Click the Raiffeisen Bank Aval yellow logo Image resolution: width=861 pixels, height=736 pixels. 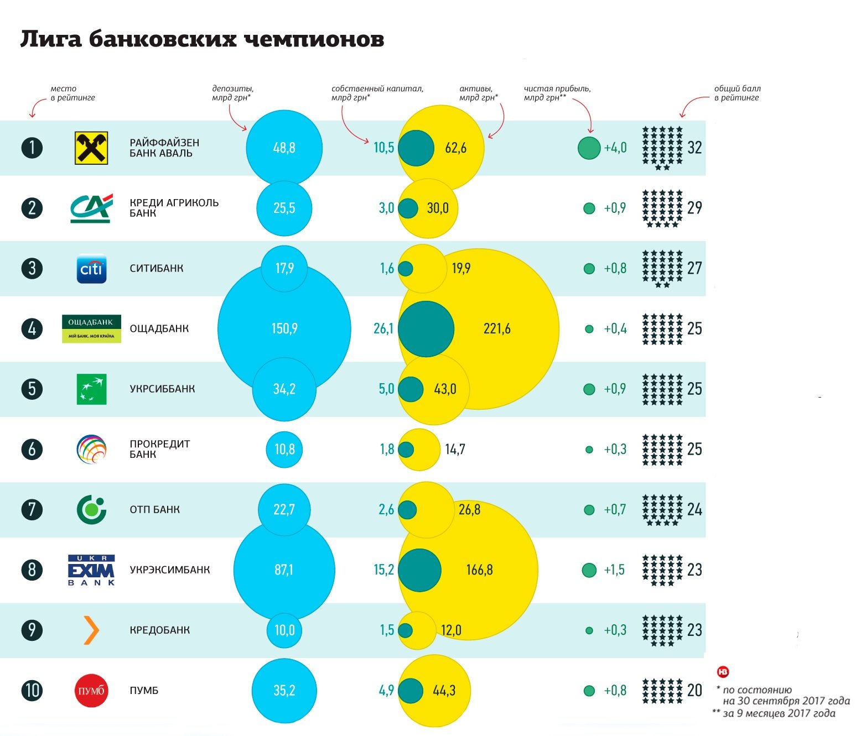(x=91, y=148)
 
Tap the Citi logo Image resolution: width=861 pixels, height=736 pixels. (x=91, y=269)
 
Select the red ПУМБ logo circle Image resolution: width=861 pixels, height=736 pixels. (x=91, y=691)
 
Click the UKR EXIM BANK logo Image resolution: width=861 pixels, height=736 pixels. (x=91, y=570)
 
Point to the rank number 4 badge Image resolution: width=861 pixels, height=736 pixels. (x=32, y=328)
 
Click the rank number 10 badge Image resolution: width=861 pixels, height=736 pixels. (x=32, y=690)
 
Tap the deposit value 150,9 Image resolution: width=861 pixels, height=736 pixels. (x=284, y=328)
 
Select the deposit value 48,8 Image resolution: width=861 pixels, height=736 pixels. (x=284, y=148)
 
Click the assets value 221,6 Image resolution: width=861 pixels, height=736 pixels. (x=497, y=328)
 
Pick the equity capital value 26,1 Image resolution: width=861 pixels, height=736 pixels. (x=383, y=328)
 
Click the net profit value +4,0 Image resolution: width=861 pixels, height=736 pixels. (x=615, y=148)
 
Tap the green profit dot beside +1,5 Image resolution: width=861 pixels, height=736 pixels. (x=589, y=570)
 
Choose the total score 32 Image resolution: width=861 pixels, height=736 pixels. (x=694, y=148)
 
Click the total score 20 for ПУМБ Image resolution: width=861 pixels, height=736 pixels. (x=694, y=690)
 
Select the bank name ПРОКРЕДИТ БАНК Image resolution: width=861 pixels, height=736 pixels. (x=160, y=449)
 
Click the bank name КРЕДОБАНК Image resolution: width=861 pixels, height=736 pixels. (x=160, y=630)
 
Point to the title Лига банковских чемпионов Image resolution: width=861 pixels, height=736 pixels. (x=203, y=40)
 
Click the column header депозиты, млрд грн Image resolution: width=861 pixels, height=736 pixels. (x=232, y=93)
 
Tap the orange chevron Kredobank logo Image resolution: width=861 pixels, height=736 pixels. (x=91, y=630)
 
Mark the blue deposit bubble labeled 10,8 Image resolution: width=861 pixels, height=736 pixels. (x=284, y=449)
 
